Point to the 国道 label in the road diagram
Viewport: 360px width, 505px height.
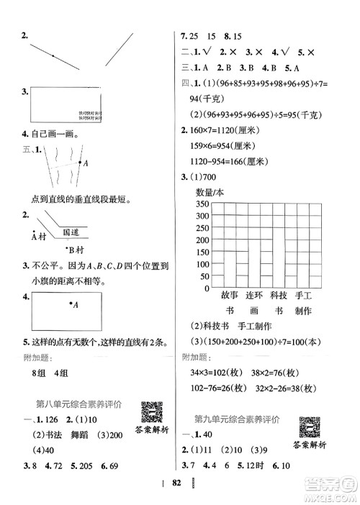(x=71, y=232)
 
